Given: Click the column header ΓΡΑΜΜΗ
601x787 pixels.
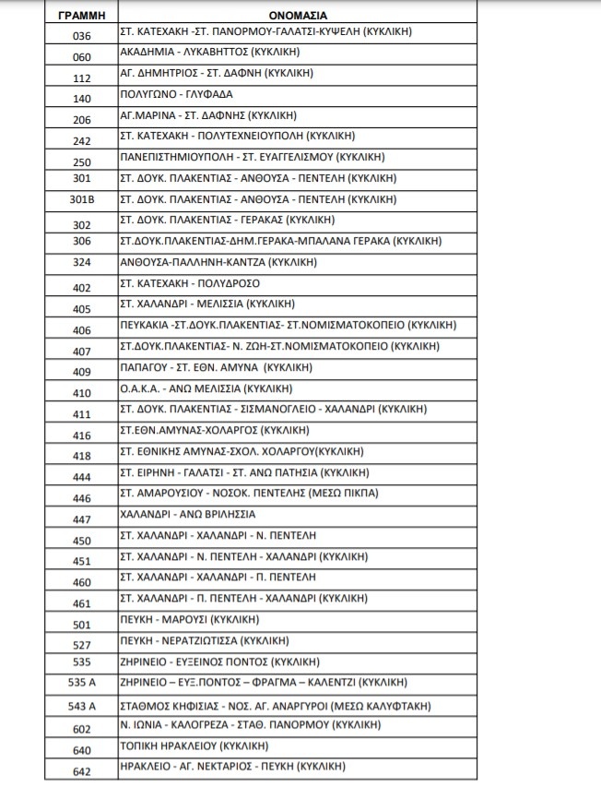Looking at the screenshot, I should tap(81, 14).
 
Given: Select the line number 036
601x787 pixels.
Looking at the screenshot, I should tap(81, 36).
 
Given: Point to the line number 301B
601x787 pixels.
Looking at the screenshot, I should tap(81, 200).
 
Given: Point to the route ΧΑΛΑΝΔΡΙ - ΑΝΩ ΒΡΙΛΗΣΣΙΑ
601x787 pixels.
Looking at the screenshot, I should tap(188, 514).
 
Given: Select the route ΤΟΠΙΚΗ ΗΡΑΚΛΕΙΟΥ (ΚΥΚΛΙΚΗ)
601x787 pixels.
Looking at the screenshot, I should tap(195, 746).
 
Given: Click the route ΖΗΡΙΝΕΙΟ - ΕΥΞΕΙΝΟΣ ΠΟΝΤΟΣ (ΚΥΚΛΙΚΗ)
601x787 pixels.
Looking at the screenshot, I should tap(220, 662).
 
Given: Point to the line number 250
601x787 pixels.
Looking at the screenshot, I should tap(81, 161).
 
